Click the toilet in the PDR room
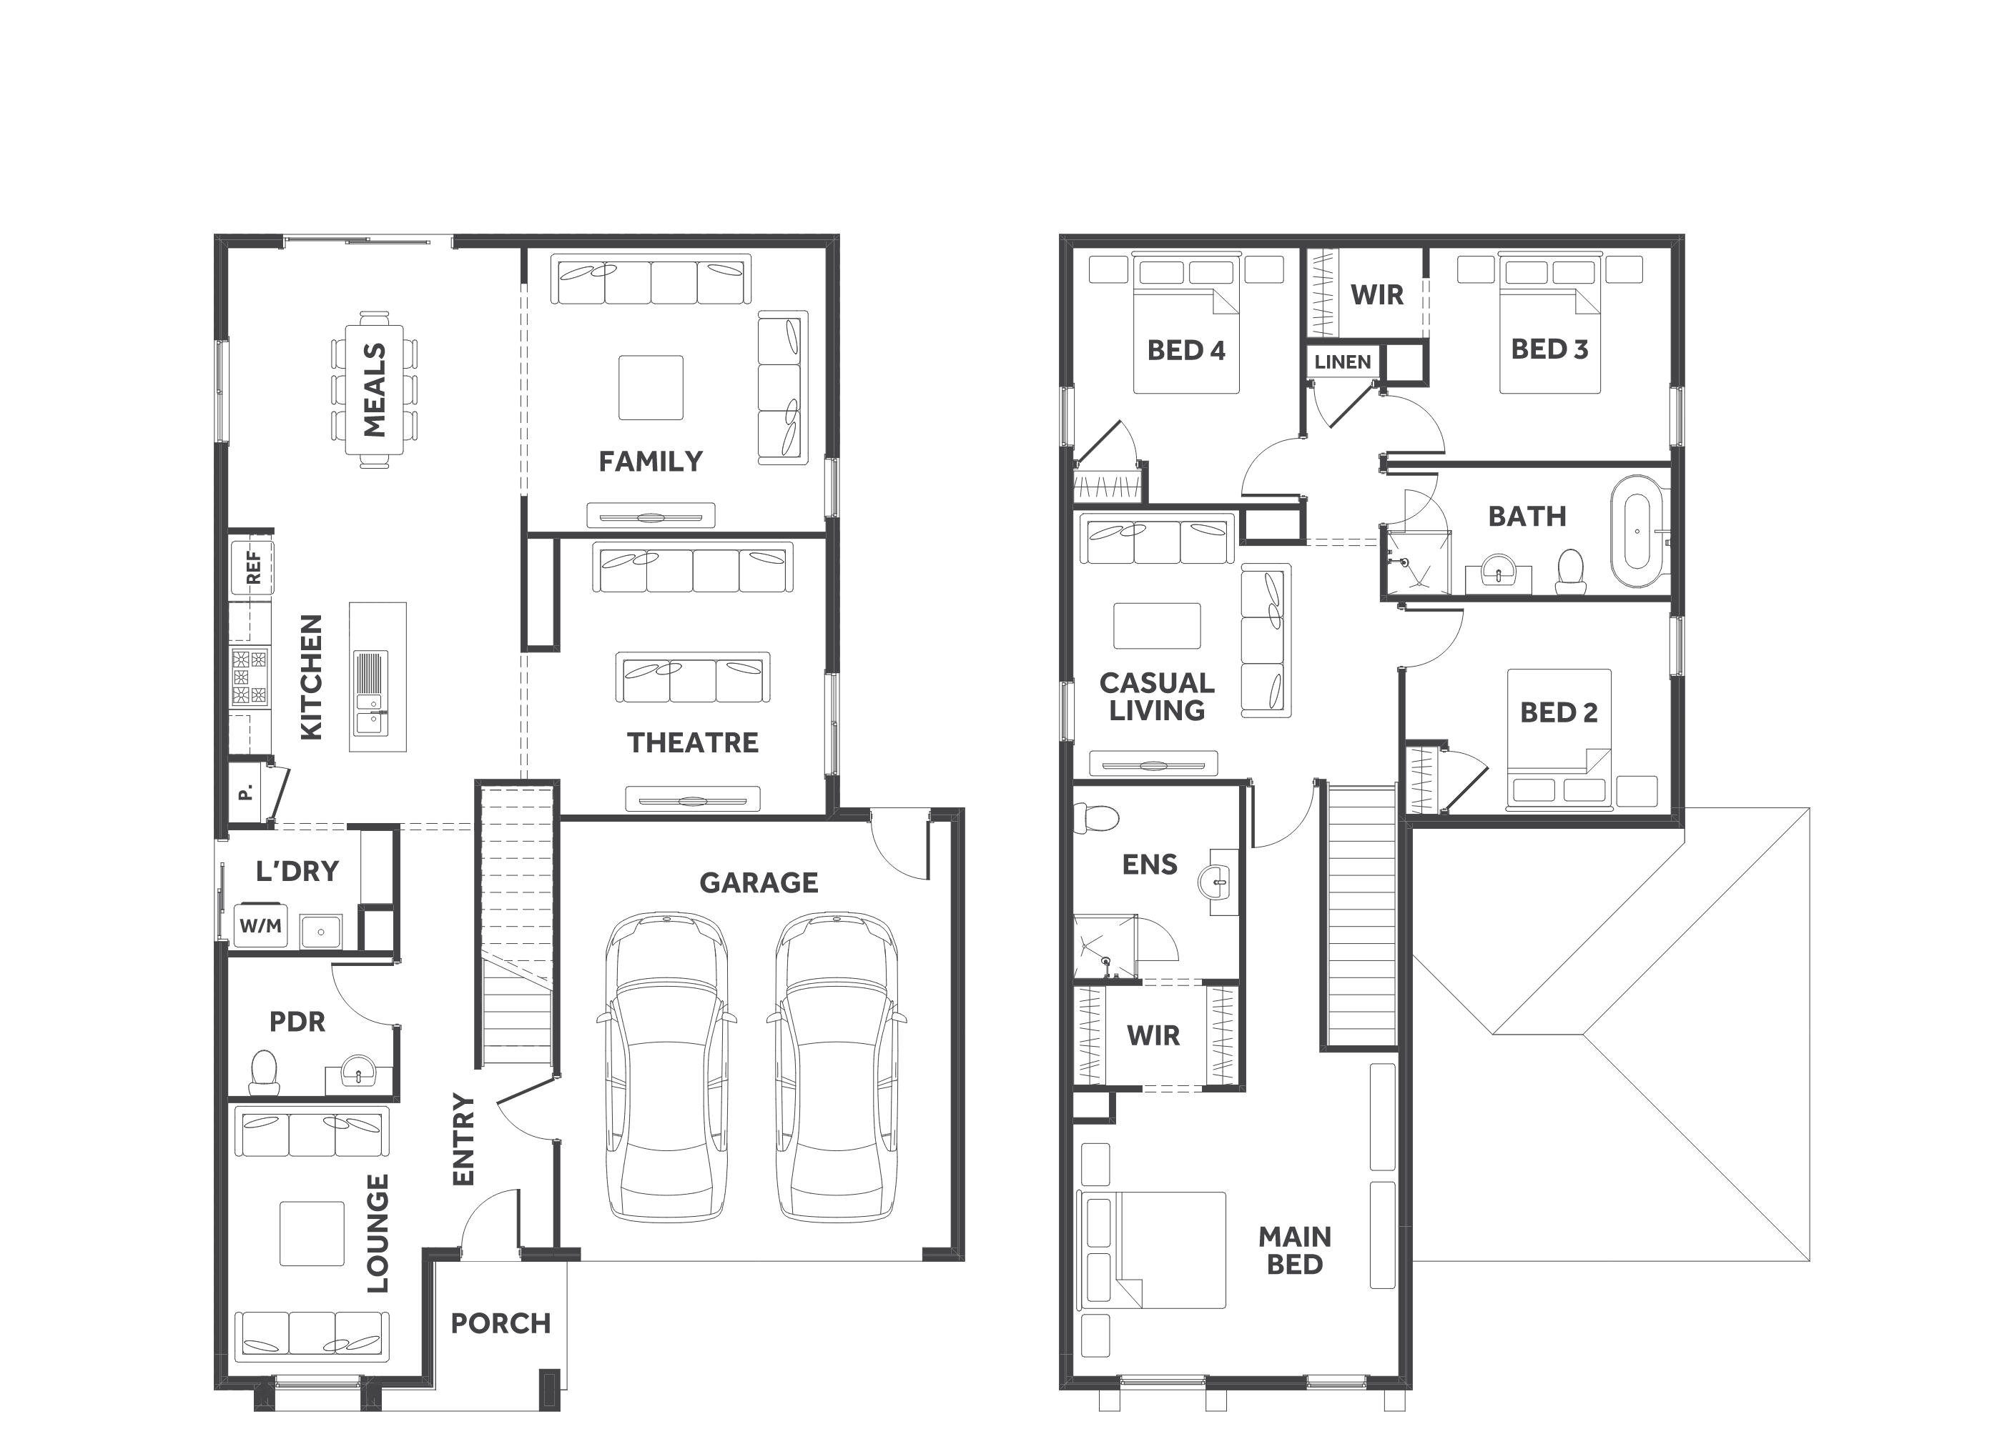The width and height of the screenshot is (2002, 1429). (264, 1072)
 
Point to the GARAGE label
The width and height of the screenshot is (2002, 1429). (759, 882)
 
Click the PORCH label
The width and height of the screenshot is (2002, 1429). (501, 1323)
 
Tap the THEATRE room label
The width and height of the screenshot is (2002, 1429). (693, 742)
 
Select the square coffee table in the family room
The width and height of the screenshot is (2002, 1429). (651, 388)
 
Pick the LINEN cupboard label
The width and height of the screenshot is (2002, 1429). (1343, 362)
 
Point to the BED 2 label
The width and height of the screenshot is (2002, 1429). (1558, 712)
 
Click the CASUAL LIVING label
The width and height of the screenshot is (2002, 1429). (1157, 696)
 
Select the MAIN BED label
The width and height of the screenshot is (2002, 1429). (1294, 1250)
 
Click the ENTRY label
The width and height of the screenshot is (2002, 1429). (463, 1140)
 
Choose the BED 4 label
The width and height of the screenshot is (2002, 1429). (1186, 350)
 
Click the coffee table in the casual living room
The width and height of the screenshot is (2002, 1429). (1157, 626)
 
